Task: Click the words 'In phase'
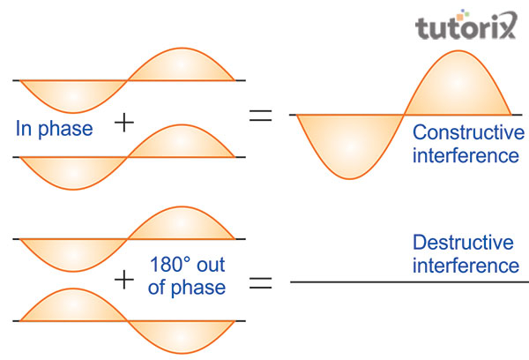[54, 129]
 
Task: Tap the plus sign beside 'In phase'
[125, 124]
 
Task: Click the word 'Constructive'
[468, 133]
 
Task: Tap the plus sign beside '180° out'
[125, 280]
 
